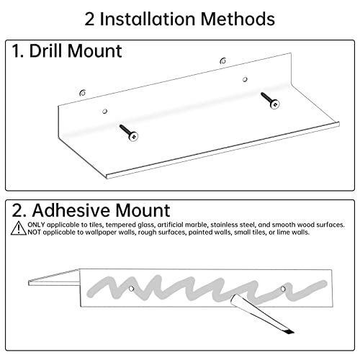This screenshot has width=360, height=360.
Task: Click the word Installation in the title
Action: tap(148, 19)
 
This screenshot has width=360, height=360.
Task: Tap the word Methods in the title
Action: tap(238, 19)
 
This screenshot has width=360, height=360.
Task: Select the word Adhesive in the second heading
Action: tap(71, 210)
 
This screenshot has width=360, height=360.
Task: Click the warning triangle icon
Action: tap(19, 228)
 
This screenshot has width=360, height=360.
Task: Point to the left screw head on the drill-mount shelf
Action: tap(133, 137)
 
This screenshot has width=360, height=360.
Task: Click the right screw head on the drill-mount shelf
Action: tap(275, 104)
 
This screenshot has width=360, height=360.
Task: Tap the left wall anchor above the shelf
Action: tap(83, 93)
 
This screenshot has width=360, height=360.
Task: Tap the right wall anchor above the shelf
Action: tap(223, 60)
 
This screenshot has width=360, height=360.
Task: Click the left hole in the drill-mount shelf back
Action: tap(104, 111)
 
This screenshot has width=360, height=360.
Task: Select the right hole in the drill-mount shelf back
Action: tap(245, 79)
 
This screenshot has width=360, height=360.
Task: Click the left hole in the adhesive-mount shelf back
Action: tap(131, 289)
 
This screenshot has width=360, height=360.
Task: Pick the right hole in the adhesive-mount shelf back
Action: tap(283, 289)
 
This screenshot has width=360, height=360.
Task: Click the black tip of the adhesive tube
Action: tap(289, 332)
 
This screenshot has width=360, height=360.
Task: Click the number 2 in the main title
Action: tap(89, 19)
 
